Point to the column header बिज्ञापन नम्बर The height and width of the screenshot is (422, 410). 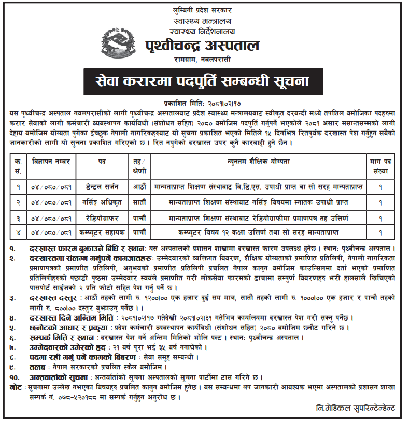[x=50, y=162]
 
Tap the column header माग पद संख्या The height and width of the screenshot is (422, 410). [x=380, y=165]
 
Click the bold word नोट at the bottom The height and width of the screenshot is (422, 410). [x=16, y=387]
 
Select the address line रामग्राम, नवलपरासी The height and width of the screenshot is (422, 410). [x=204, y=61]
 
